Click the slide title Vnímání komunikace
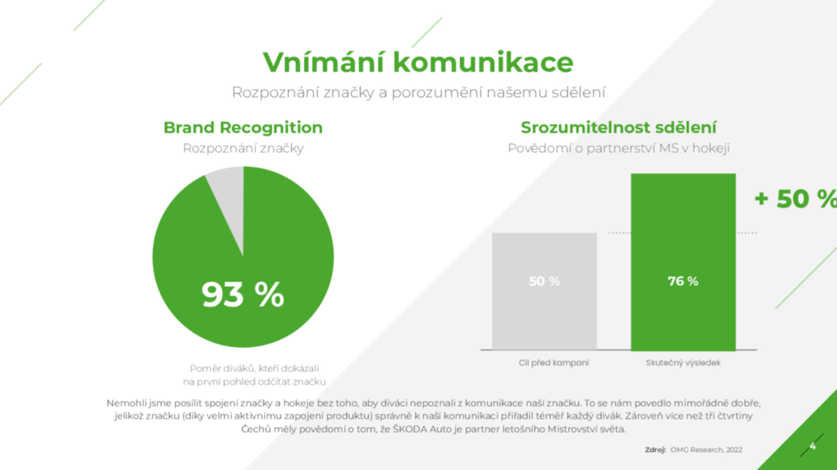(x=418, y=62)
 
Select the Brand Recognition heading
(x=243, y=128)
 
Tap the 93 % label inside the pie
(x=243, y=294)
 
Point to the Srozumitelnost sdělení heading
(x=619, y=128)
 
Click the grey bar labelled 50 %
(x=544, y=291)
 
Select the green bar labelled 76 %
(x=683, y=262)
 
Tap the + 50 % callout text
(x=796, y=199)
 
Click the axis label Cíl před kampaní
(x=554, y=363)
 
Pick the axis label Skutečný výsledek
(x=683, y=363)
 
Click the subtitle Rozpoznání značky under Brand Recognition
(x=243, y=149)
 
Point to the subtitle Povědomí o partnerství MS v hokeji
(x=619, y=149)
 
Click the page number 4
(x=813, y=446)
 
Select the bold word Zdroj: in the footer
(x=655, y=450)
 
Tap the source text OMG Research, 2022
(x=706, y=450)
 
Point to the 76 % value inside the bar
(x=683, y=281)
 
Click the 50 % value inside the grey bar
(x=544, y=281)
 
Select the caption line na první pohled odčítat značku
(x=254, y=382)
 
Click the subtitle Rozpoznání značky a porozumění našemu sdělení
(x=418, y=92)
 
